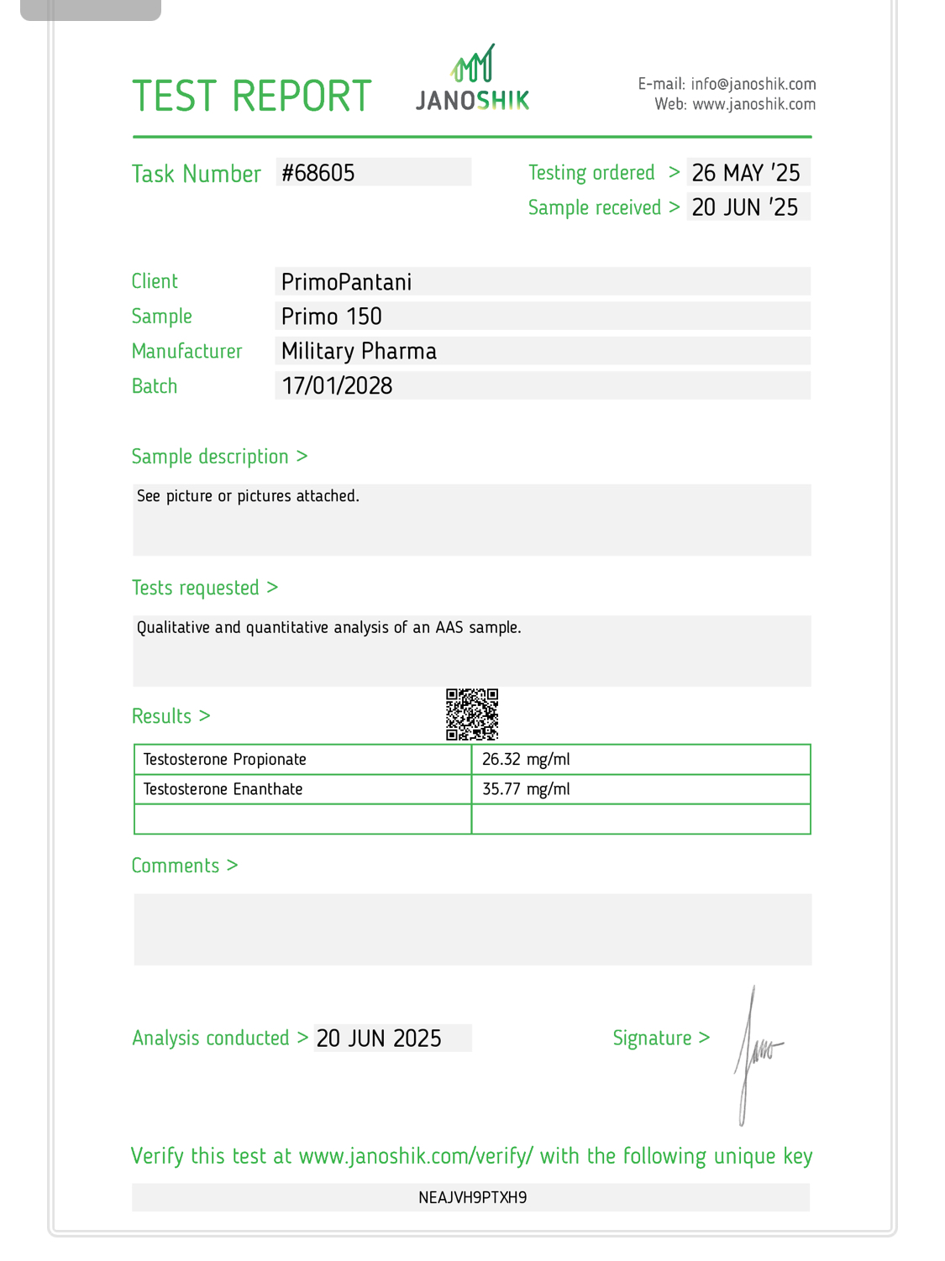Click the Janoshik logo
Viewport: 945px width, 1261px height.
pos(473,80)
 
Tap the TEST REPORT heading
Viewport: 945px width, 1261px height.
pos(251,97)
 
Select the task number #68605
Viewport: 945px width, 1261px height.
pos(318,173)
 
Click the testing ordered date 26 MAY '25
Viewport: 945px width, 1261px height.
pos(746,173)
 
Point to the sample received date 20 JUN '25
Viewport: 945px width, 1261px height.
pos(745,207)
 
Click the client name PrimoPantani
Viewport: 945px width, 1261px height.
pos(347,282)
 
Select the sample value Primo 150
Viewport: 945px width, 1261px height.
pos(332,317)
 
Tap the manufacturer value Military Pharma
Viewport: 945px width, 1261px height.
pos(359,351)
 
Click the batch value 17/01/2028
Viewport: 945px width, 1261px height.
pos(337,386)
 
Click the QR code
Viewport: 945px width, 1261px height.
pos(472,714)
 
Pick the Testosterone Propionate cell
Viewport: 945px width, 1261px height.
pos(225,760)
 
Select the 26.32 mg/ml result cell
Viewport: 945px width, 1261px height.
pos(526,760)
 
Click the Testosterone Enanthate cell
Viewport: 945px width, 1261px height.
pos(223,789)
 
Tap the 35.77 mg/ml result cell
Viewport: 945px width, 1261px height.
pos(526,789)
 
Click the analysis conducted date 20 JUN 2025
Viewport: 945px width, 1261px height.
pos(379,1039)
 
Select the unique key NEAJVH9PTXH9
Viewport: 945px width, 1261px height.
pos(472,1197)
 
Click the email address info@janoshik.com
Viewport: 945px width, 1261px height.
pos(753,84)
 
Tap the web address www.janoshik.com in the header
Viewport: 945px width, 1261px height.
pos(753,104)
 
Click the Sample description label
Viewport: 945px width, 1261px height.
pos(210,457)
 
